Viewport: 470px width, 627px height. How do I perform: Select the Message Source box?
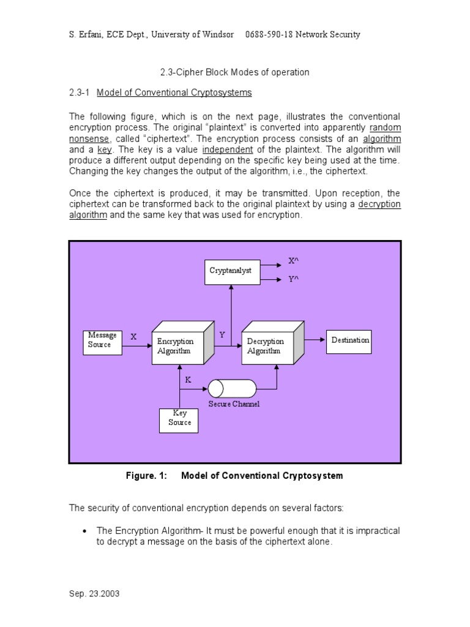point(102,340)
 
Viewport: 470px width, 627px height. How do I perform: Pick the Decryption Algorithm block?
point(268,347)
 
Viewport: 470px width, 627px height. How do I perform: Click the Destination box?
point(350,340)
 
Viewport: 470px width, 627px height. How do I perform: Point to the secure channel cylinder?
point(232,388)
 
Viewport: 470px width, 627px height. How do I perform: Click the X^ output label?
point(294,261)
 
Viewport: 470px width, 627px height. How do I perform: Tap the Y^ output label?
point(294,279)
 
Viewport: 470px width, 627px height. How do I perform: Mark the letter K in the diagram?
point(188,380)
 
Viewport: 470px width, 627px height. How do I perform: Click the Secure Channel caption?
point(234,404)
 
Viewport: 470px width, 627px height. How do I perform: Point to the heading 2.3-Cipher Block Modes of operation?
point(234,72)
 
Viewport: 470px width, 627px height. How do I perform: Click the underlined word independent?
point(228,149)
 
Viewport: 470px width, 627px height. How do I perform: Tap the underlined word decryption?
point(379,204)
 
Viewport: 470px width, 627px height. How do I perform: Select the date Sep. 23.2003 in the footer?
point(94,594)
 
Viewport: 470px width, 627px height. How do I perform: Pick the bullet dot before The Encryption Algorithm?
point(85,531)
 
